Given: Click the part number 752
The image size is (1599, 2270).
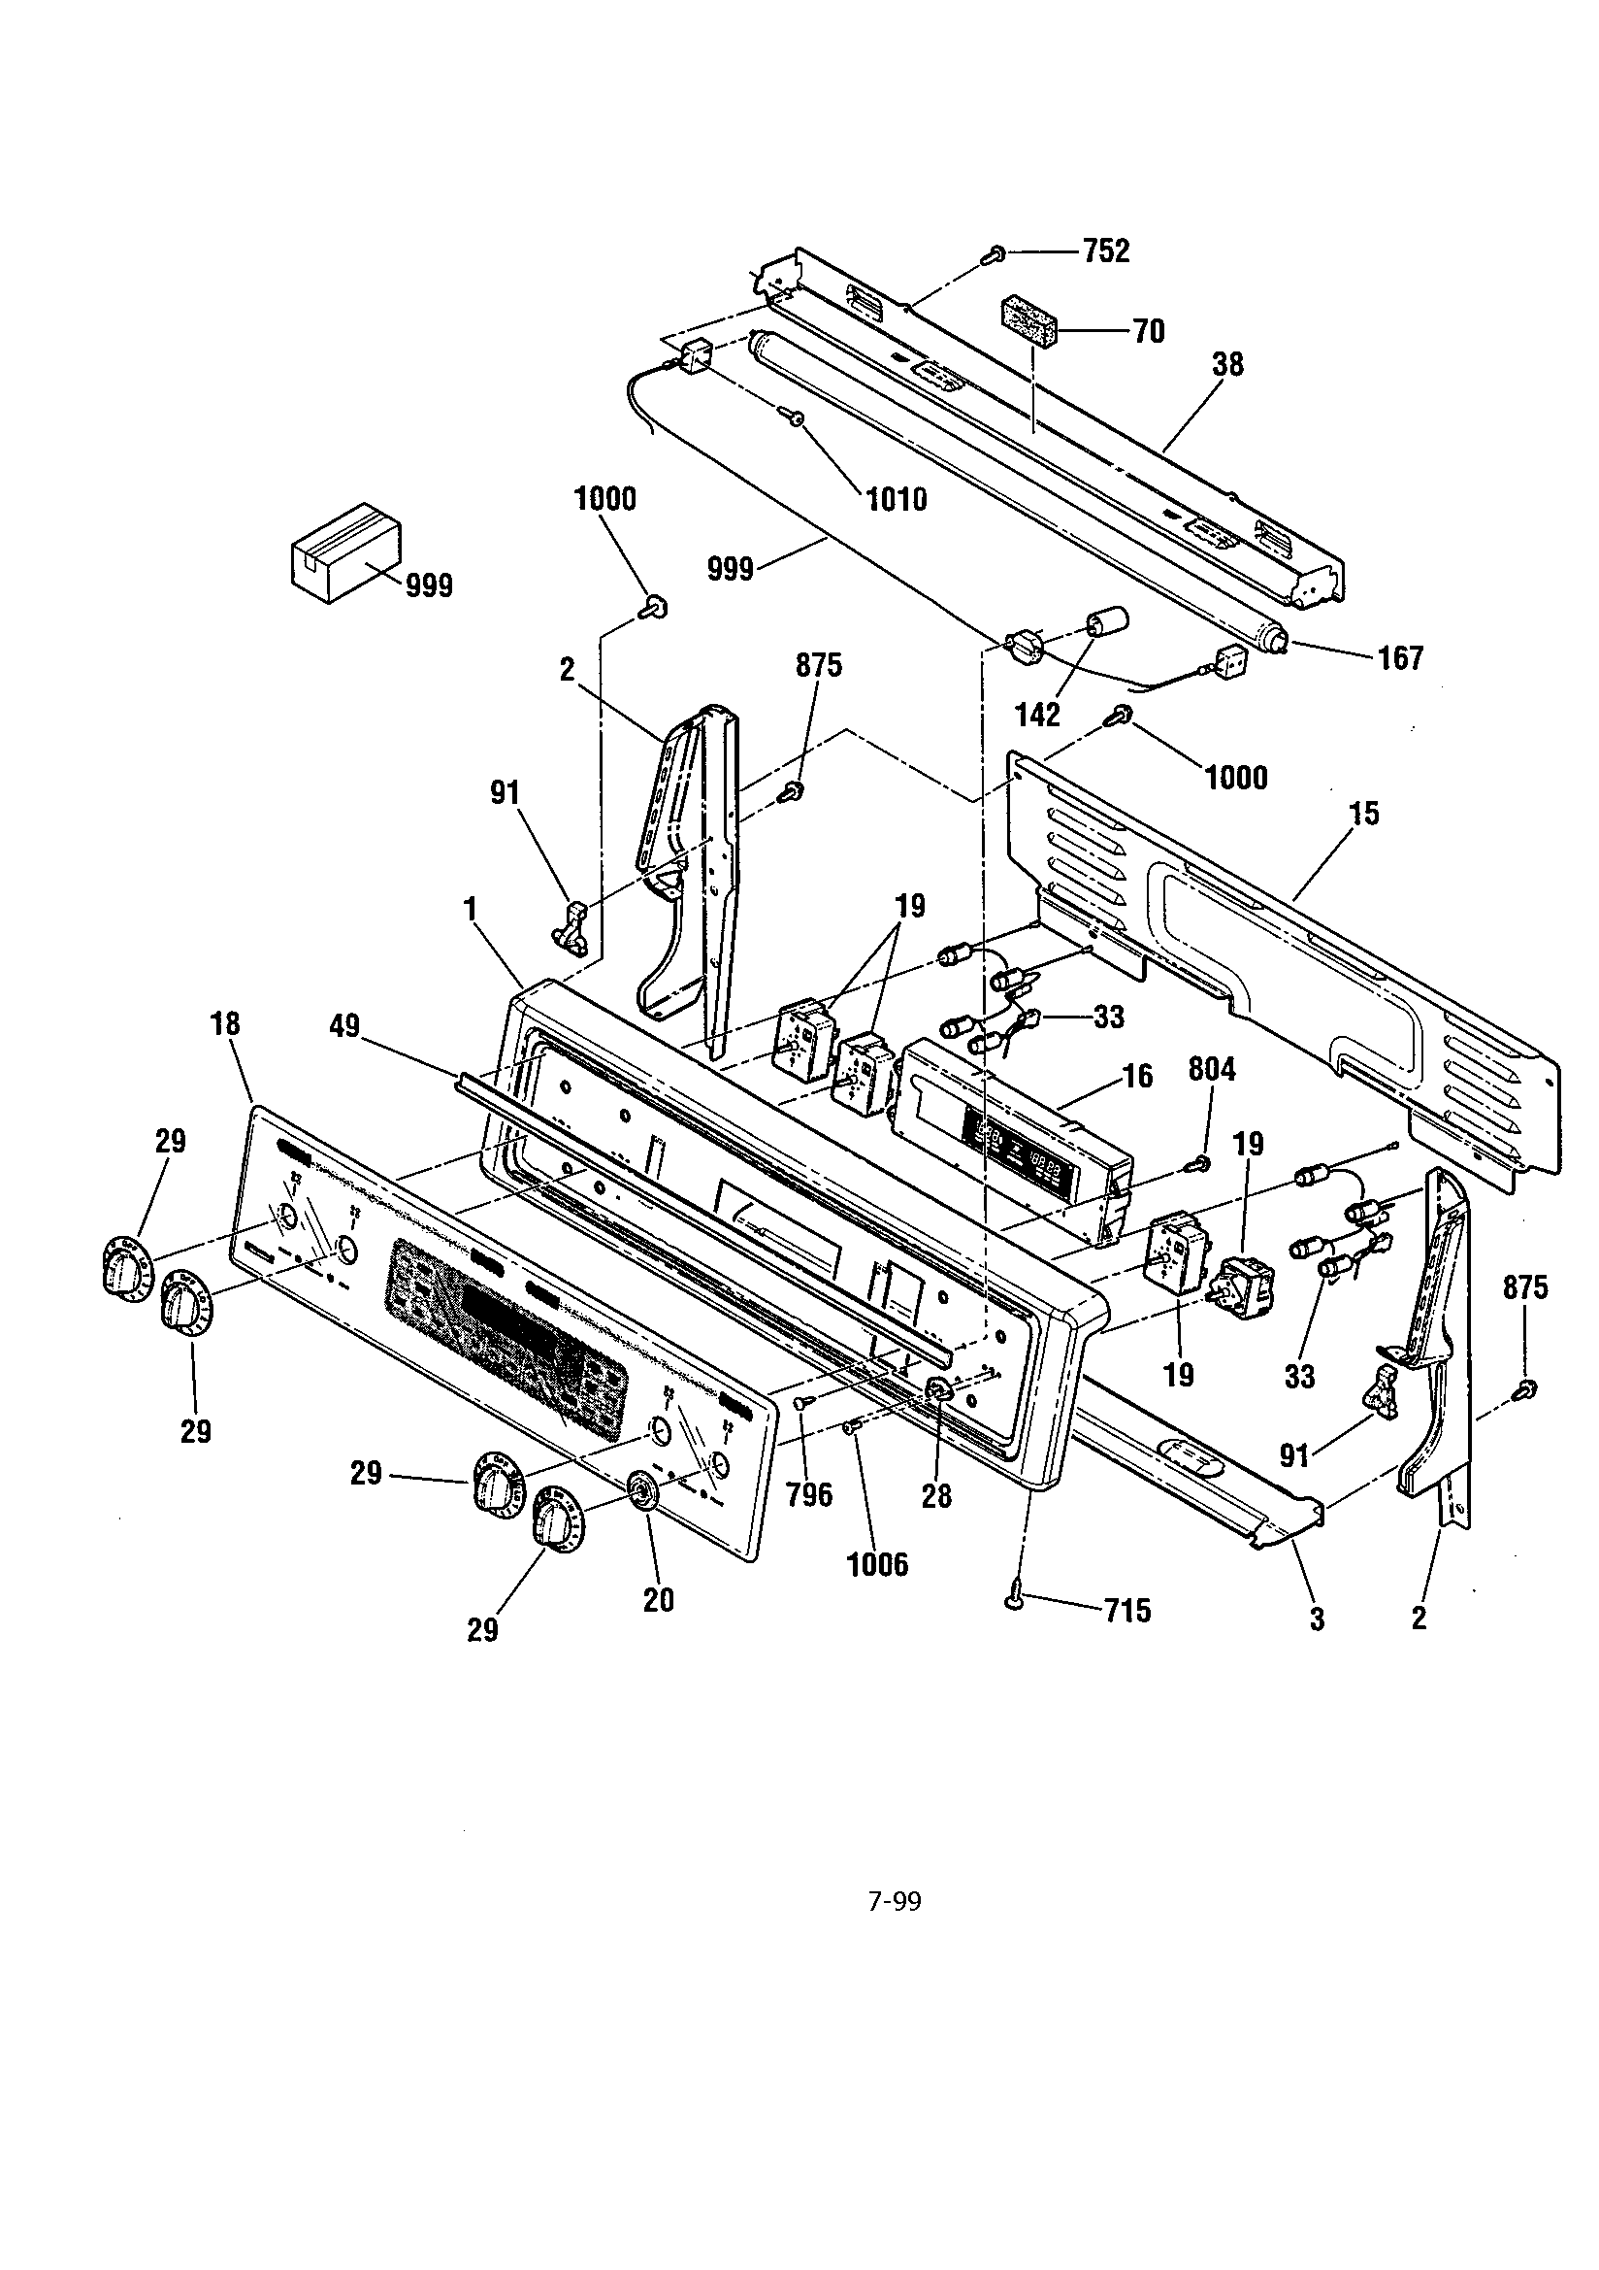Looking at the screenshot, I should pyautogui.click(x=1105, y=251).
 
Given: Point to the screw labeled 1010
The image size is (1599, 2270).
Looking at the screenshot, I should pyautogui.click(x=796, y=420).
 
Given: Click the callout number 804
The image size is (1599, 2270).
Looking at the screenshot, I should pyautogui.click(x=1212, y=1069).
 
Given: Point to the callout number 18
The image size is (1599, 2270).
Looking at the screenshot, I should pyautogui.click(x=225, y=1023).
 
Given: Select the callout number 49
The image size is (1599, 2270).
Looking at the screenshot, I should pyautogui.click(x=345, y=1029).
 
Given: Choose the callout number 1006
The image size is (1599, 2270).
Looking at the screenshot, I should pyautogui.click(x=877, y=1564).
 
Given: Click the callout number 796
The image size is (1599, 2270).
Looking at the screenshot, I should pyautogui.click(x=809, y=1495).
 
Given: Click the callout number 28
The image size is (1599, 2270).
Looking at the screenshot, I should pyautogui.click(x=936, y=1496).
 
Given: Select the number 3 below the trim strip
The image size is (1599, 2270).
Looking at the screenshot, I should pyautogui.click(x=1317, y=1619).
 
